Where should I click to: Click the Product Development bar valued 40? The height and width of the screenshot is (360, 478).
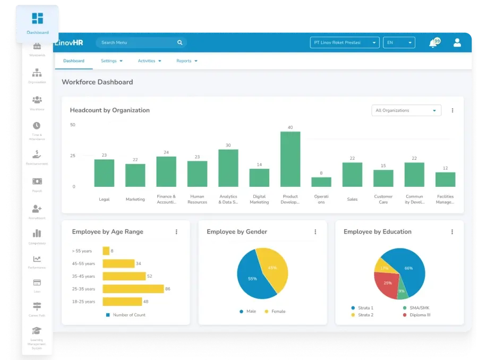290,159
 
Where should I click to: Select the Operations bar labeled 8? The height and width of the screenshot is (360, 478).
321,182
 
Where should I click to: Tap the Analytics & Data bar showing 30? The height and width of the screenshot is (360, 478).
228,168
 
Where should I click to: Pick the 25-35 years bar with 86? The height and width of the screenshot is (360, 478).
133,289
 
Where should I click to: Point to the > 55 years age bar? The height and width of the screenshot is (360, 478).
106,251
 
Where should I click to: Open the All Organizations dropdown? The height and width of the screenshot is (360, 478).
406,110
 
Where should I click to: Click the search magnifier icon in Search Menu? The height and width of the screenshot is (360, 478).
180,42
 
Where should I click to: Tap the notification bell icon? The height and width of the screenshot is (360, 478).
433,44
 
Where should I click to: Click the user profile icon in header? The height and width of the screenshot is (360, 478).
457,42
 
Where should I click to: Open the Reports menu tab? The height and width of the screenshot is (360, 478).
186,61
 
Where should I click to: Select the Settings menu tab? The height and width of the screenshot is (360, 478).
112,61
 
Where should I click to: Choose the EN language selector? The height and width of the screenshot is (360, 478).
399,42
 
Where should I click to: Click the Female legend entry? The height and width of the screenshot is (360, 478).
275,311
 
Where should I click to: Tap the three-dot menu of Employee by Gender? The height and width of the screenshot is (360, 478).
315,232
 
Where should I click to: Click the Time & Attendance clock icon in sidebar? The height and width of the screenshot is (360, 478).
37,126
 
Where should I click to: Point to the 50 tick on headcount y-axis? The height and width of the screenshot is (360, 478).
73,125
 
